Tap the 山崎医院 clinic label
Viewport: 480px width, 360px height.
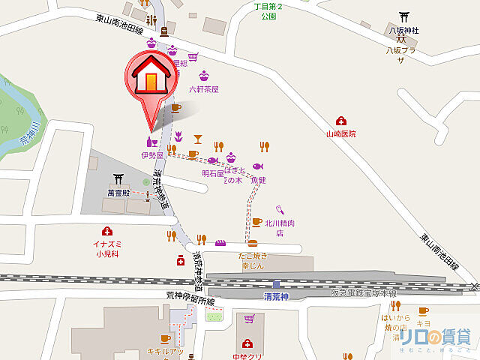coord(340,133)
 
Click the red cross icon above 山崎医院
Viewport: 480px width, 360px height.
coord(340,121)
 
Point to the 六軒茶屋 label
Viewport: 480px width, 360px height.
coord(203,88)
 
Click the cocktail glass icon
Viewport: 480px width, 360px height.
coord(197,138)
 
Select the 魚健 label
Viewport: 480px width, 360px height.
coord(258,180)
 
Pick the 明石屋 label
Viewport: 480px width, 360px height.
coord(212,173)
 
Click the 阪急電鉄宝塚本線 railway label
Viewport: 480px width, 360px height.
coord(364,292)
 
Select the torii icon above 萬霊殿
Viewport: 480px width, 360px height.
coord(118,179)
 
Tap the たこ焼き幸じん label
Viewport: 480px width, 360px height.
coord(253,261)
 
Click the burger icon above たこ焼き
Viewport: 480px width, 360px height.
coord(253,244)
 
